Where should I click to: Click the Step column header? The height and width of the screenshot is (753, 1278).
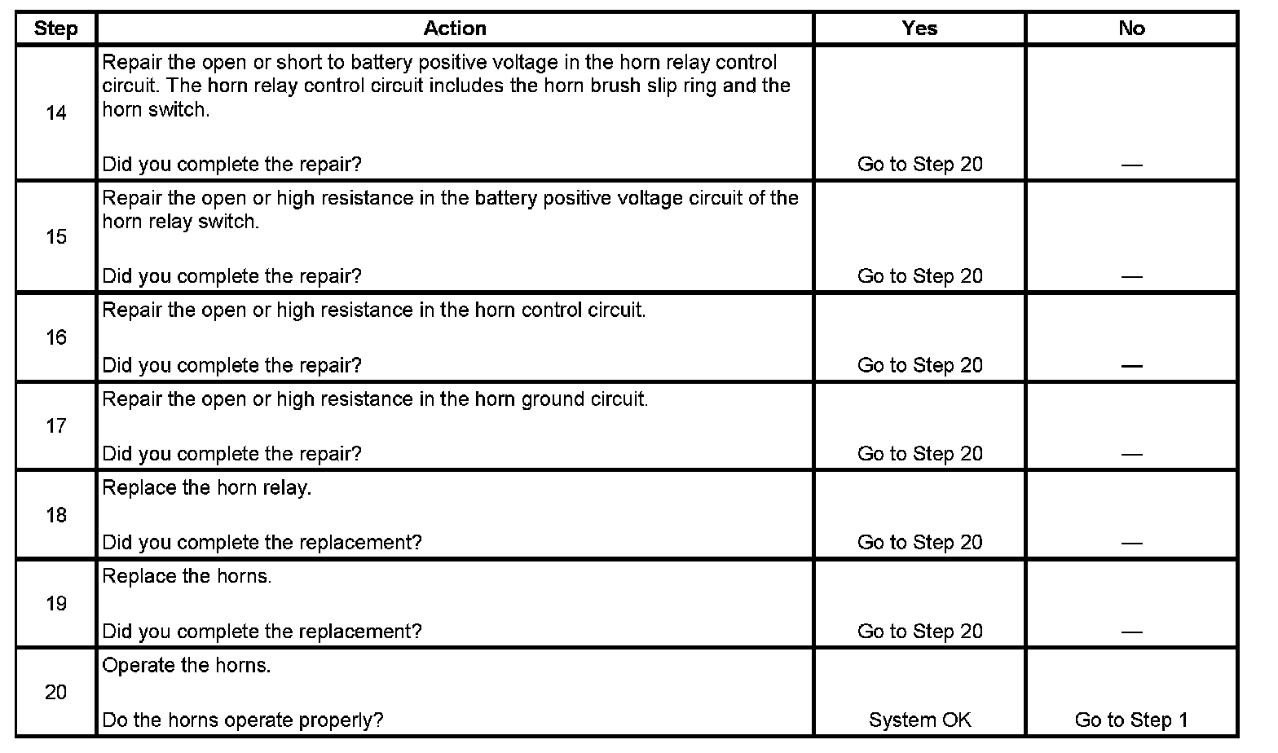point(55,29)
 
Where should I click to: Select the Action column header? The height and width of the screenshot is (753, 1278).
point(455,29)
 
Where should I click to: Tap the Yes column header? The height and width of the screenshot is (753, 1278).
point(919,29)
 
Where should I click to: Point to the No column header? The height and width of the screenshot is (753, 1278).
point(1131,29)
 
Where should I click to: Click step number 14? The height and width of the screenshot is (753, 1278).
point(55,113)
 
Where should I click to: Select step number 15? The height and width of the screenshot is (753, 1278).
point(55,237)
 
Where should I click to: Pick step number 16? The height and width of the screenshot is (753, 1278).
point(55,337)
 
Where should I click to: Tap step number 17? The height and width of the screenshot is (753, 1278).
point(55,426)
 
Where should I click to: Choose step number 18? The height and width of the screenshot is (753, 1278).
point(55,515)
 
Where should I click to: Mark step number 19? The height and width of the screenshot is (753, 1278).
point(55,604)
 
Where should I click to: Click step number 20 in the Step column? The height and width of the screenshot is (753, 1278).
point(55,693)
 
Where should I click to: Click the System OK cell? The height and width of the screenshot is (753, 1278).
point(919,720)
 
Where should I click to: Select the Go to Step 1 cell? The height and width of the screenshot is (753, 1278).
point(1131,720)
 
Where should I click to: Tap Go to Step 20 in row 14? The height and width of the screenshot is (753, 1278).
point(919,165)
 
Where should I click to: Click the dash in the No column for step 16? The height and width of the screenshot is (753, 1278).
point(1131,366)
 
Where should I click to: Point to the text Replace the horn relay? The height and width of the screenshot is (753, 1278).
point(207,488)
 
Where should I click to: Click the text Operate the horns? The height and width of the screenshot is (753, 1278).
point(187,666)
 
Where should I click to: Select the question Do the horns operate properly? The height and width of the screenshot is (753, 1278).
point(243,720)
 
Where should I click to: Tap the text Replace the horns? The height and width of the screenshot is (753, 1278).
point(187,577)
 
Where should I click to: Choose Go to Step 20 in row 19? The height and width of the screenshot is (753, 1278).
point(919,632)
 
